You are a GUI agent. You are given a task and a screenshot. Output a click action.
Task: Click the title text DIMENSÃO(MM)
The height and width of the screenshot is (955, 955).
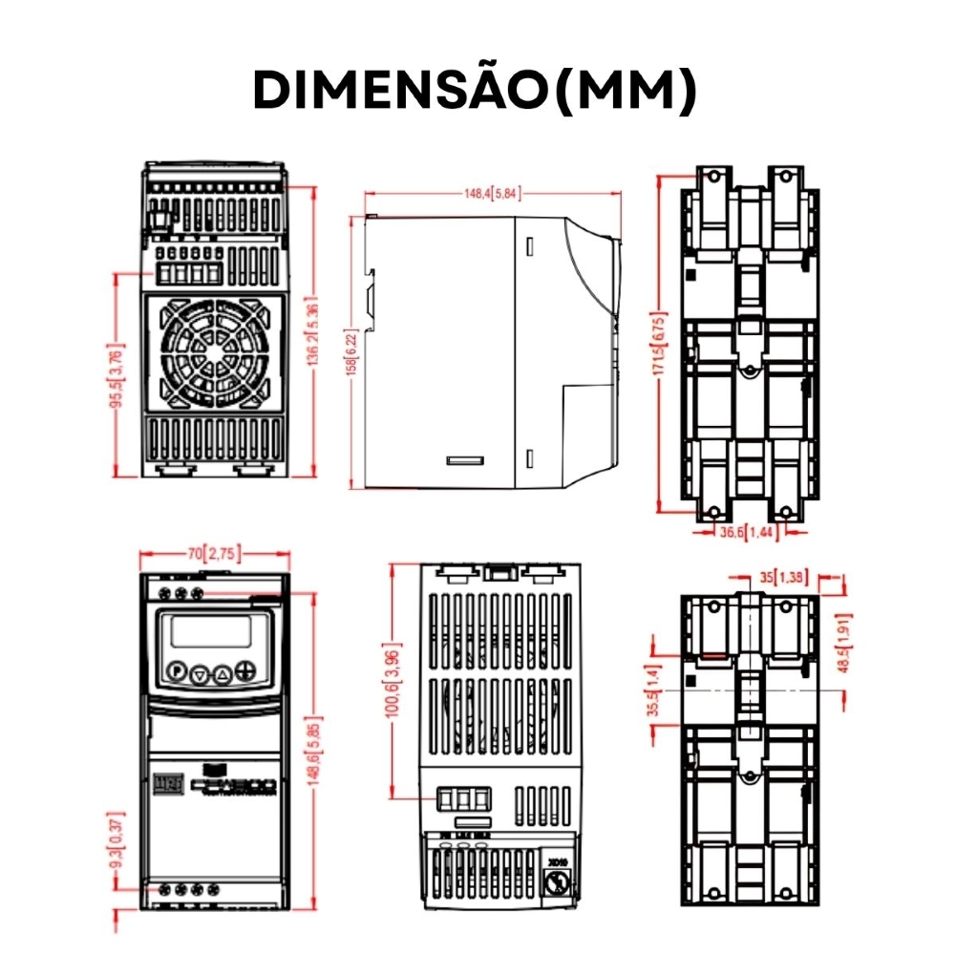point(475,91)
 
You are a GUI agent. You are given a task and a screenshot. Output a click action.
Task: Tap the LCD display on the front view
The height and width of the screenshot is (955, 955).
point(211,632)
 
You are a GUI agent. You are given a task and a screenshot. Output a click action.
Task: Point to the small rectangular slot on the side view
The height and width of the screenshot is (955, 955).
point(465,460)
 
